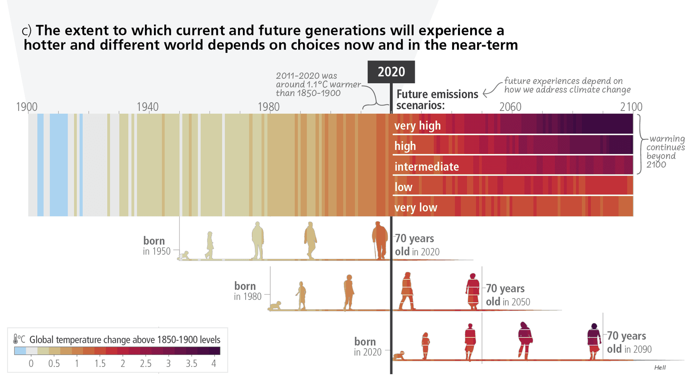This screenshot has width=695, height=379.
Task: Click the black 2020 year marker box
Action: [x=391, y=72]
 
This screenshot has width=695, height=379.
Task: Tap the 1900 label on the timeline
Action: [x=27, y=107]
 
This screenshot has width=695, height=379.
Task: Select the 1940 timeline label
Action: [x=148, y=107]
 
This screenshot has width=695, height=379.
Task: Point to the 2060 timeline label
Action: [x=510, y=107]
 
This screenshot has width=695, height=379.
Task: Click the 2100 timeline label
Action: [x=631, y=107]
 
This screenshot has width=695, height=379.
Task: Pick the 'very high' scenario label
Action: [x=417, y=126]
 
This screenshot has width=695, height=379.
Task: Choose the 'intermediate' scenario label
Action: [x=426, y=167]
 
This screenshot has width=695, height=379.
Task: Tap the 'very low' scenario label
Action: [x=416, y=208]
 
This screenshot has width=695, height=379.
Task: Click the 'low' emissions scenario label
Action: [x=403, y=187]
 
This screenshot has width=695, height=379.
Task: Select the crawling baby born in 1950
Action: [x=183, y=256]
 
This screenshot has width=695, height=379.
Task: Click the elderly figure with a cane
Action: [x=379, y=241]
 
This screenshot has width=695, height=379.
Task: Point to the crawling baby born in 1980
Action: [x=275, y=306]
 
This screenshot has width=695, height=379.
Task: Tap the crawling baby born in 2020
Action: [x=399, y=356]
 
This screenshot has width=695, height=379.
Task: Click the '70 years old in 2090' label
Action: [x=629, y=342]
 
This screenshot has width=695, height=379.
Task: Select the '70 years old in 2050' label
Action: [x=508, y=295]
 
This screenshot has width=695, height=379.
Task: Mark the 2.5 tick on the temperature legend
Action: [x=146, y=363]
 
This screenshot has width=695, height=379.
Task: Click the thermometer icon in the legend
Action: [x=16, y=339]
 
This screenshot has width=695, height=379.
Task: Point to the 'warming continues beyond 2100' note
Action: [x=665, y=151]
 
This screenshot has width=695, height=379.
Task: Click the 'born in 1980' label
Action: [x=247, y=291]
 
